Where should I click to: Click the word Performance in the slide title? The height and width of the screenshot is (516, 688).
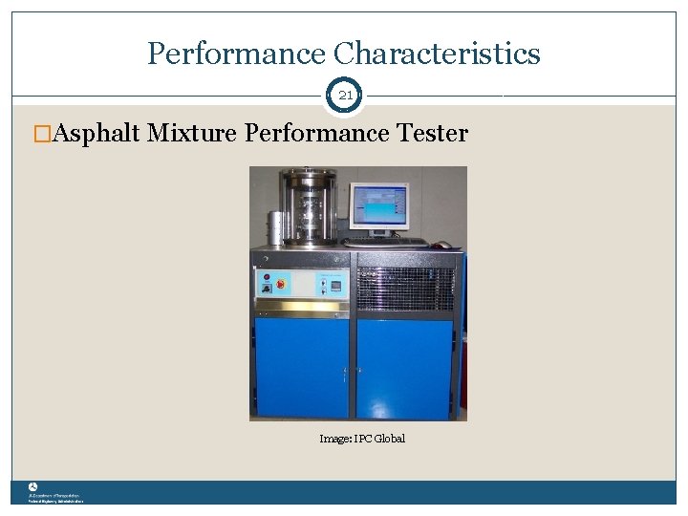(234, 54)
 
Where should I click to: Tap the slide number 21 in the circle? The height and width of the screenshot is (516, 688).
(345, 95)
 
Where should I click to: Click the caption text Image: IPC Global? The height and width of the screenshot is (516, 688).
(362, 439)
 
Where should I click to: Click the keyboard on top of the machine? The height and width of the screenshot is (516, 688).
(387, 243)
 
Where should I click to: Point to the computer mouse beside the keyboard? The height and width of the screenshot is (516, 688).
(441, 245)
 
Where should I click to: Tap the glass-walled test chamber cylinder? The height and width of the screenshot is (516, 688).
(307, 207)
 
